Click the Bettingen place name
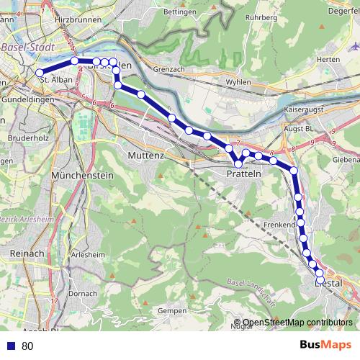180,12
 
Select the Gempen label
171,310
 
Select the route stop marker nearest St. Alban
40,73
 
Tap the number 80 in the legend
27,346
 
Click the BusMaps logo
325,345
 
